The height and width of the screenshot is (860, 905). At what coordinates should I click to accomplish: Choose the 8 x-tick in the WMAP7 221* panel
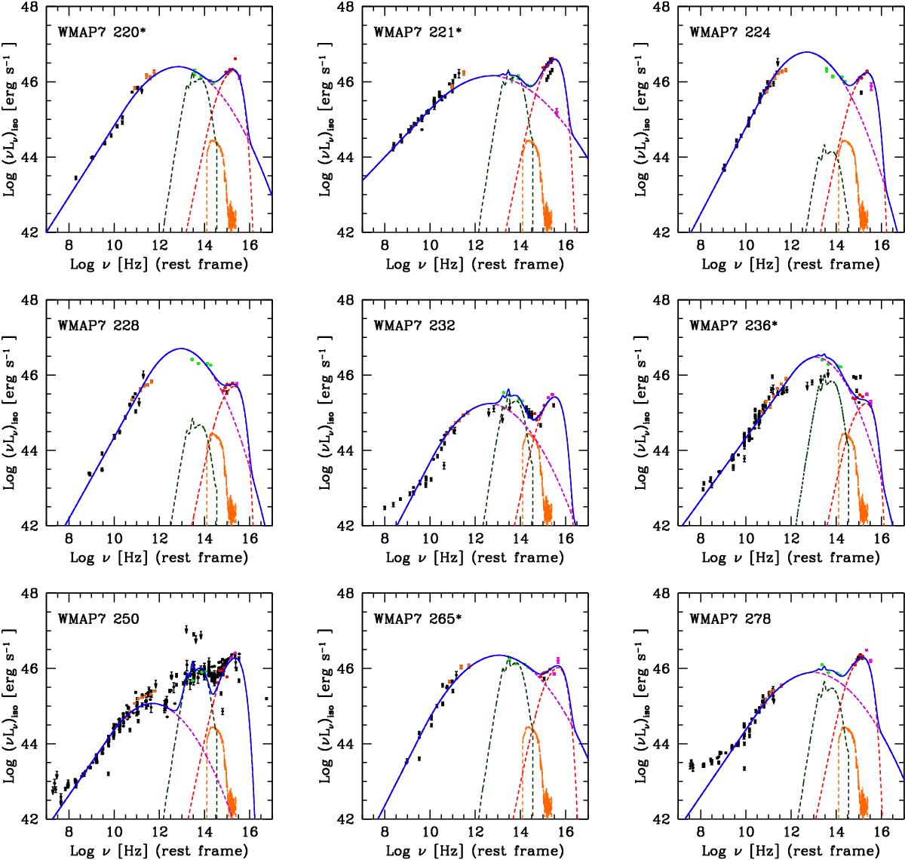(385, 245)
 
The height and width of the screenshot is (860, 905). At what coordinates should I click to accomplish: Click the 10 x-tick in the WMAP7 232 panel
(430, 539)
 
